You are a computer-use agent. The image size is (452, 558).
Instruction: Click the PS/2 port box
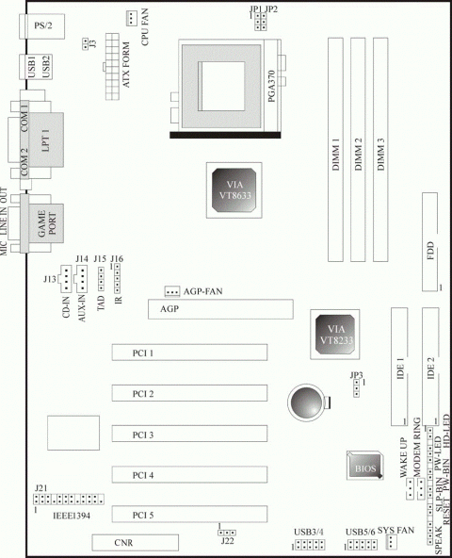42,25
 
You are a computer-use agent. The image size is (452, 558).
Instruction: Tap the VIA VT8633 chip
234,190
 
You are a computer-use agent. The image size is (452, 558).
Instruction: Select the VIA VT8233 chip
334,335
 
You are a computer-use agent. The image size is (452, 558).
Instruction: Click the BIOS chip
364,465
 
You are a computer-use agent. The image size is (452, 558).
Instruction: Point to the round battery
306,402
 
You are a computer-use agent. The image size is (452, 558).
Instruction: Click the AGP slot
220,309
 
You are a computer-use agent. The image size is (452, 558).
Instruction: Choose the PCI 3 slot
189,434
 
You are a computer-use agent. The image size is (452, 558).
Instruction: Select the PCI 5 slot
189,515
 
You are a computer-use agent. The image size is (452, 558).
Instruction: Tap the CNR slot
136,542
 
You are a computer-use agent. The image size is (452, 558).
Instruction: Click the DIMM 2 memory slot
358,150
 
